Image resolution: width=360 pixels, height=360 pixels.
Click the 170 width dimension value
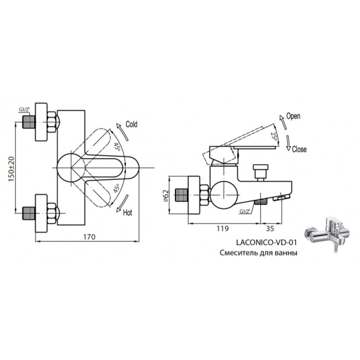coord(89,237)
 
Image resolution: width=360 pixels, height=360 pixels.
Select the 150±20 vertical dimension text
coord(11,169)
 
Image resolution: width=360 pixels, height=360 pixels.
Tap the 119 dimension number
coord(223,229)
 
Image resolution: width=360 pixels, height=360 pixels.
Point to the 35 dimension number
coord(270,229)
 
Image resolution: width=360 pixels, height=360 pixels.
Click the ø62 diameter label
coord(166,196)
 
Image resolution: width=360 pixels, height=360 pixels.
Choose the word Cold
coord(131,124)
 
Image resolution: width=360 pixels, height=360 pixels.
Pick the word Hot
coord(127,212)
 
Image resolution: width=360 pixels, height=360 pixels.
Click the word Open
coord(293,116)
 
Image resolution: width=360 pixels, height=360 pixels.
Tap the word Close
coord(299,149)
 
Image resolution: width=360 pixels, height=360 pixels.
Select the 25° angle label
coord(274,137)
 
